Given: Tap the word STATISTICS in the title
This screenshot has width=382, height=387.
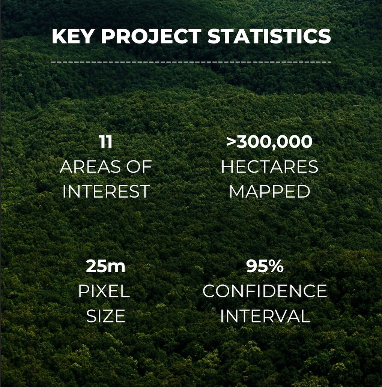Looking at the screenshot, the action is [269, 36].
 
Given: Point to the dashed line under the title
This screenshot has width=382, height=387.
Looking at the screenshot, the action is [191, 62].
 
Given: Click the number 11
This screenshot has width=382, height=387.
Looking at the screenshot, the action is [106, 142].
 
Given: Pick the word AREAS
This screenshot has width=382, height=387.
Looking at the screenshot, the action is [90, 166].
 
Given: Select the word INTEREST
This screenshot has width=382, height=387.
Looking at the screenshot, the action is [106, 191].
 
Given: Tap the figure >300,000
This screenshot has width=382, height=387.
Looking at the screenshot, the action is [269, 142].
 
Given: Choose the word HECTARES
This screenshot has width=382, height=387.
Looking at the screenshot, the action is [269, 166].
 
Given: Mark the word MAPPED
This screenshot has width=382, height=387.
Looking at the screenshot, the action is [269, 191].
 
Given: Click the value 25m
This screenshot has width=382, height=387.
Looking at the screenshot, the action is [106, 267].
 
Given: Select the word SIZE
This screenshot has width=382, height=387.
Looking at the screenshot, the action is [106, 316].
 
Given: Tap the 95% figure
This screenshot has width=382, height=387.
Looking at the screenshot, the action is [265, 267].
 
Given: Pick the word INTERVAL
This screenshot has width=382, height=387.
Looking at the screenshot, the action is [265, 316].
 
